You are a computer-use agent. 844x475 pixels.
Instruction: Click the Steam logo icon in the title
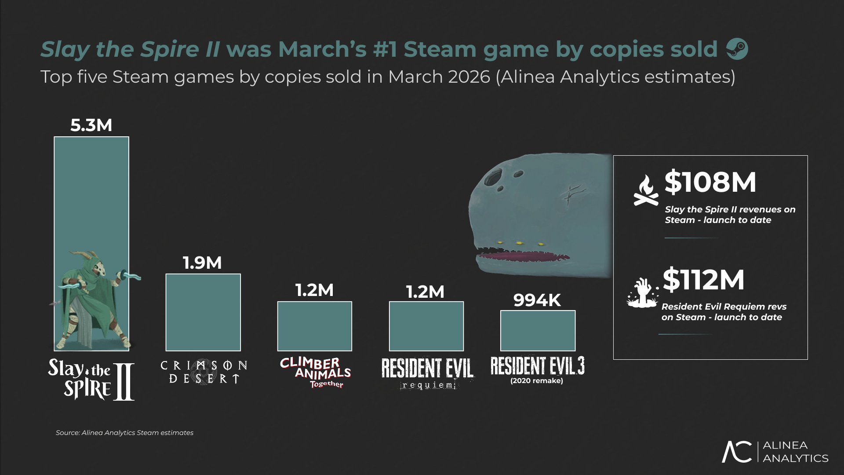point(737,49)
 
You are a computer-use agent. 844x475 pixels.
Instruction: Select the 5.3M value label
point(91,125)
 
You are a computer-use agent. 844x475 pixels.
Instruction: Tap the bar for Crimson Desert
point(203,312)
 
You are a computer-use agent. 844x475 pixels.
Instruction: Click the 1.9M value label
point(202,263)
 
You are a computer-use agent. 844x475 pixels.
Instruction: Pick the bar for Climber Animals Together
point(315,326)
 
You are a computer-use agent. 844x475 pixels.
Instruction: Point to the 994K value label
point(537,300)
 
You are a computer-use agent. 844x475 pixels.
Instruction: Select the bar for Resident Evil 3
point(538,330)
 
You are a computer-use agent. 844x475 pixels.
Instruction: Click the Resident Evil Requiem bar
point(426,326)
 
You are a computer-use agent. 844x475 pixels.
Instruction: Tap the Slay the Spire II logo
point(91,379)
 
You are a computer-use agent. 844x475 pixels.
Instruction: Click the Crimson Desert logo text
point(204,372)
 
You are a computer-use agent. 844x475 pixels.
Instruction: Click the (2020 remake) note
point(537,381)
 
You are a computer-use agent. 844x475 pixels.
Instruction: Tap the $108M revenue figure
point(710,182)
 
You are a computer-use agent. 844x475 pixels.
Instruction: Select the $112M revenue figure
point(703,280)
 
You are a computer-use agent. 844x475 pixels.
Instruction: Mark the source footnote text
point(124,433)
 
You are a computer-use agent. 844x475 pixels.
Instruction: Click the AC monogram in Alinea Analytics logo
point(737,452)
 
